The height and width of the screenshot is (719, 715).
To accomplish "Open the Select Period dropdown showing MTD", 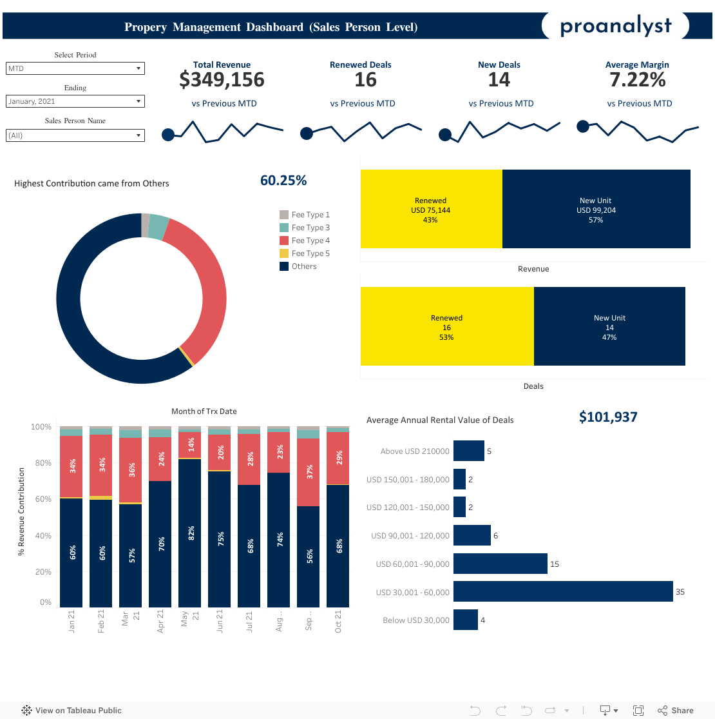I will (75, 68).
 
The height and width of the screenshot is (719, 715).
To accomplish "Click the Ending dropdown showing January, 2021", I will (75, 101).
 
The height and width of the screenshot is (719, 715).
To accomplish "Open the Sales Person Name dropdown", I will (75, 135).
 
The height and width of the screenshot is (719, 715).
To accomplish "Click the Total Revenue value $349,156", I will (222, 79).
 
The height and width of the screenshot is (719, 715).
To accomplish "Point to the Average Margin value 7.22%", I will (637, 79).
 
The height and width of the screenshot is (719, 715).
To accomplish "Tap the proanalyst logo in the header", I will (615, 26).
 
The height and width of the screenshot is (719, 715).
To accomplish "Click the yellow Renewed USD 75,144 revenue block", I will (431, 210).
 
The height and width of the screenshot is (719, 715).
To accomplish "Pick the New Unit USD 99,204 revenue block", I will (596, 210).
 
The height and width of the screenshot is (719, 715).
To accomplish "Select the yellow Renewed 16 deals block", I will (446, 327).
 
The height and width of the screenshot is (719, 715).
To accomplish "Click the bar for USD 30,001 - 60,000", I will (563, 592).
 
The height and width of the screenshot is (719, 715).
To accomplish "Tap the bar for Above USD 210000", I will (468, 451).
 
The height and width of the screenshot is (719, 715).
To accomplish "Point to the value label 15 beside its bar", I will (555, 564).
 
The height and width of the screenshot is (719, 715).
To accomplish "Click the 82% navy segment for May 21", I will (191, 533).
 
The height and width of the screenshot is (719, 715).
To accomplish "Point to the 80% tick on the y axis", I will (41, 463).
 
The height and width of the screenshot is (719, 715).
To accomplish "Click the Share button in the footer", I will (676, 711).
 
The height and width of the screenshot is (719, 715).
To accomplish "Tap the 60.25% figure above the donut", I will (283, 181).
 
